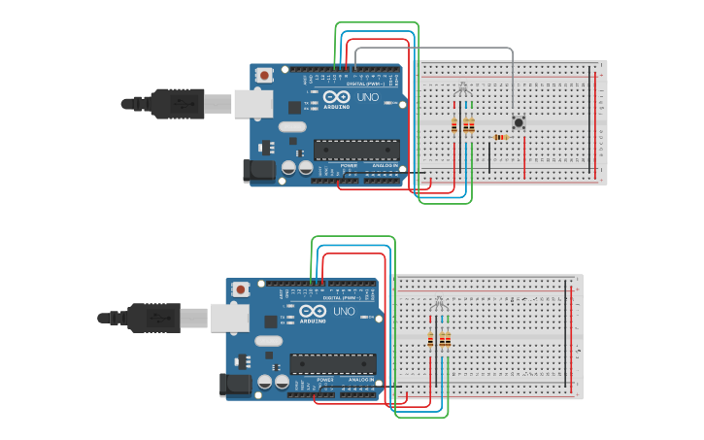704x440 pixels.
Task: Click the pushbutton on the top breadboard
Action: (519, 122)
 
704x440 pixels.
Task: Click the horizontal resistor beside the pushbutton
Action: (501, 137)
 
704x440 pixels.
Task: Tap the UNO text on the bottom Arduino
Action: (343, 311)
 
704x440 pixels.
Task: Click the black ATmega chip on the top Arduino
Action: (355, 150)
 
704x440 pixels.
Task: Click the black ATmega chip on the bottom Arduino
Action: (332, 364)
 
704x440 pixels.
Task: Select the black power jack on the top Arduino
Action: (259, 170)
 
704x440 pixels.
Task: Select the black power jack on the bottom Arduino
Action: (236, 385)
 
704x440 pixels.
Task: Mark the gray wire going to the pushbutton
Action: (437, 48)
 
